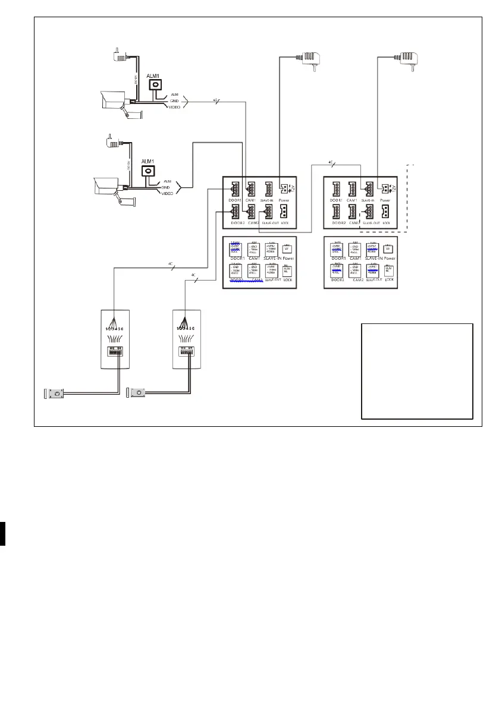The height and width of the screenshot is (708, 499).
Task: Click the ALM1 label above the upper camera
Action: coord(156,76)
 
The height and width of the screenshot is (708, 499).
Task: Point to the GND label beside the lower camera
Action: coord(166,187)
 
